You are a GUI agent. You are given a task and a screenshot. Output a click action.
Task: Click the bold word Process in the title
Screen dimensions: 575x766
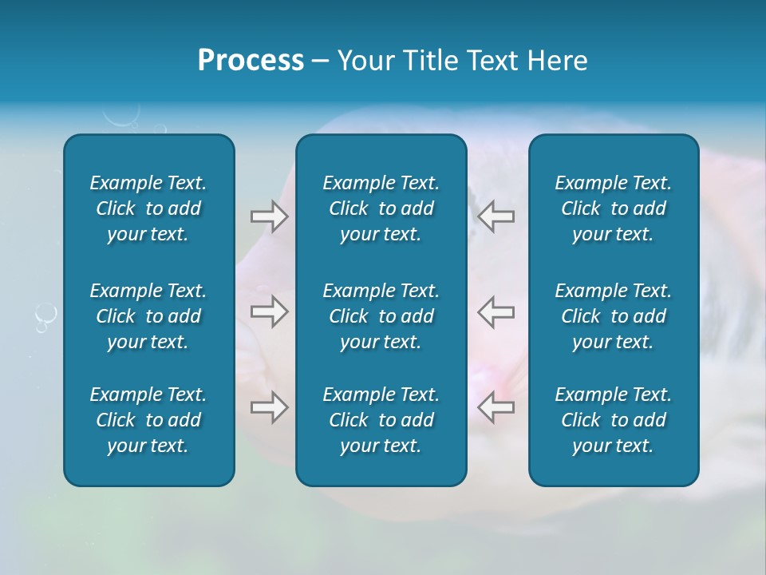point(251,61)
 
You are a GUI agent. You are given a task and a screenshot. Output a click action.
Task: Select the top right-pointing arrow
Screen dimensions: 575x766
point(270,216)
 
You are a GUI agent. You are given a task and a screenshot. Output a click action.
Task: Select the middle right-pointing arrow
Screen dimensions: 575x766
point(270,311)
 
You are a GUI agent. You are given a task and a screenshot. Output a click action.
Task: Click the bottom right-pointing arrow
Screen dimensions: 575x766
point(270,407)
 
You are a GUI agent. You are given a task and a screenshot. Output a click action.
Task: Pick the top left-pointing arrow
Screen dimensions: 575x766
point(496,216)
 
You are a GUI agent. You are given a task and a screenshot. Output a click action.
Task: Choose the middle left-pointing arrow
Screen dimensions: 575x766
point(496,311)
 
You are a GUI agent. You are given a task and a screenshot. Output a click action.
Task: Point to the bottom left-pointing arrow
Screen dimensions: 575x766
point(496,407)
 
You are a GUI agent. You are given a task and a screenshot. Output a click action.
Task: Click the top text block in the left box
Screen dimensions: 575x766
point(148,208)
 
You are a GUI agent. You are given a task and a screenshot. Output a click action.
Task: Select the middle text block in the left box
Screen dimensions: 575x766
point(148,316)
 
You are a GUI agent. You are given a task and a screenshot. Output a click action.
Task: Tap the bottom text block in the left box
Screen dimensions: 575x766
point(148,420)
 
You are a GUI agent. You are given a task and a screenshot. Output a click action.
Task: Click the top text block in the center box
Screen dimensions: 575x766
point(381,208)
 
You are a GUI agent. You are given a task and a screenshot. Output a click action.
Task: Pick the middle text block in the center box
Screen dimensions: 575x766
point(381,316)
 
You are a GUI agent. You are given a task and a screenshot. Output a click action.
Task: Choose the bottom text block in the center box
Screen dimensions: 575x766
point(381,420)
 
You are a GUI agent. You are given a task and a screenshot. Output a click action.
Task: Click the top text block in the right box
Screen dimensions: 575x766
point(613,208)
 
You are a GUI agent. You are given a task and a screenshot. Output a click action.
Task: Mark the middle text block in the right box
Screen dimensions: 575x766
point(613,316)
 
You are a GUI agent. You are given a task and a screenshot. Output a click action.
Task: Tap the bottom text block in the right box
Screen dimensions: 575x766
point(613,420)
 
